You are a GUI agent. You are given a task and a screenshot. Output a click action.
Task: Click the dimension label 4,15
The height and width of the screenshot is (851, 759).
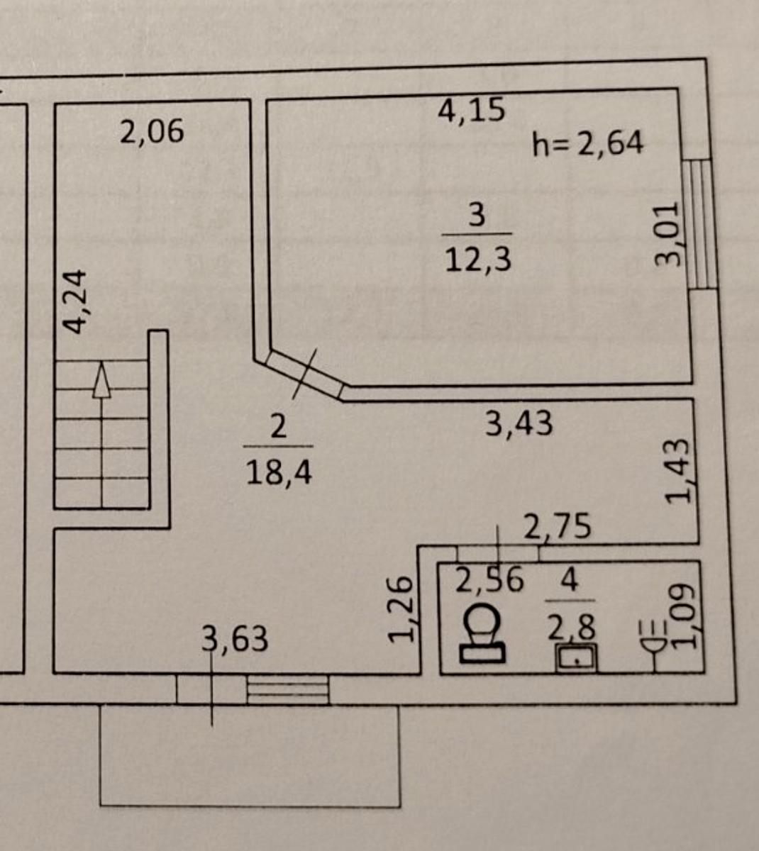tap(471, 111)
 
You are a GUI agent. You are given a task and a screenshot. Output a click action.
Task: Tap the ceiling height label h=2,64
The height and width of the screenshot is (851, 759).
tap(587, 143)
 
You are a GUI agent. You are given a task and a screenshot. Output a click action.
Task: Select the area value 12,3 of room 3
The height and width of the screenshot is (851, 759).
tap(478, 260)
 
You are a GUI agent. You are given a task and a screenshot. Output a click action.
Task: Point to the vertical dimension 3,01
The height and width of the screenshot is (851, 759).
tap(667, 233)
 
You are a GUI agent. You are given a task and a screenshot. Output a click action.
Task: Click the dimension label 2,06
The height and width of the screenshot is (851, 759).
tap(152, 131)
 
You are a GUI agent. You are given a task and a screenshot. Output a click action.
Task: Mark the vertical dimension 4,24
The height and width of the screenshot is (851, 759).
tap(74, 301)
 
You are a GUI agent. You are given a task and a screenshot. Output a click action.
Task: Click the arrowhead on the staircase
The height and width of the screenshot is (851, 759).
tap(101, 380)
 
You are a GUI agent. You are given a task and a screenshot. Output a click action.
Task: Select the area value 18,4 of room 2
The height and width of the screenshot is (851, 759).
tap(279, 472)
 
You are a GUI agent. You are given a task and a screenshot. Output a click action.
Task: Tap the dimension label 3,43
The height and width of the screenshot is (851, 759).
tap(519, 423)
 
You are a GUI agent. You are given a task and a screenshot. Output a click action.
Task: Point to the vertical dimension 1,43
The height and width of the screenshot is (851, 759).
tap(677, 472)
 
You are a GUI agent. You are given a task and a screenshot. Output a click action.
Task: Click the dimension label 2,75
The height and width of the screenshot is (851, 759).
tap(558, 526)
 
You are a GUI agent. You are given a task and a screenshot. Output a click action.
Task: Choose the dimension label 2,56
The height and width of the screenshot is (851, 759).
tap(489, 580)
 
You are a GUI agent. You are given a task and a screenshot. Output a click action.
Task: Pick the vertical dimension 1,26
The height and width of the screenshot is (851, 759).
tap(401, 610)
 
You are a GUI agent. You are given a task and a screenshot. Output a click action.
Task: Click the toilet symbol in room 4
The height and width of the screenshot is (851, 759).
tap(482, 634)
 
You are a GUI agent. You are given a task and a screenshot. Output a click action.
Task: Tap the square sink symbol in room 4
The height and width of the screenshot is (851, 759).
tap(576, 657)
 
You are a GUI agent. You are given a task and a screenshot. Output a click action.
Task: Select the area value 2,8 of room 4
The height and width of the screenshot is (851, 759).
tap(571, 629)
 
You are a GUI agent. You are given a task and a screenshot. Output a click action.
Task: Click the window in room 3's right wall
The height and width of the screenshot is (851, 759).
tap(699, 225)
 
